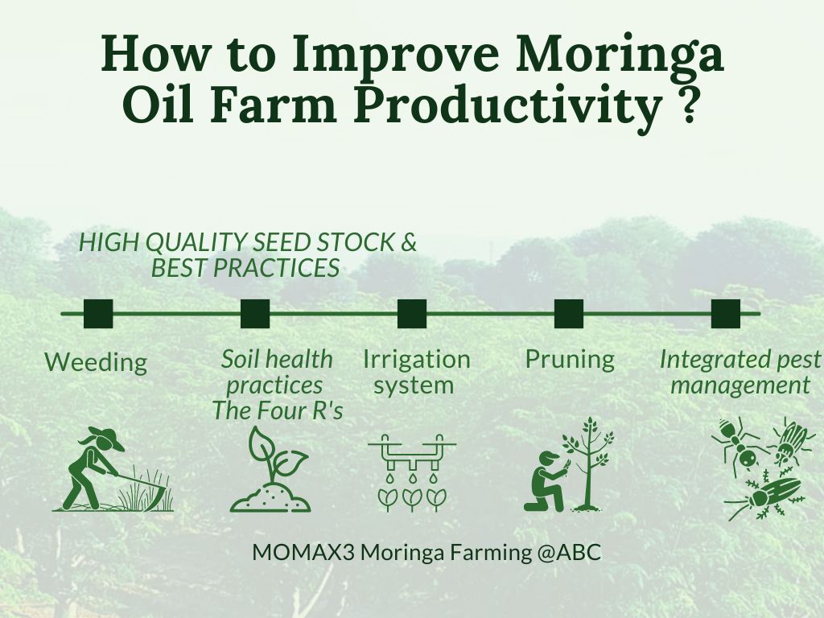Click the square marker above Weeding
coord(98,314)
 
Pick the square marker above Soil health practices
coord(255,314)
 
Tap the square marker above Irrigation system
coord(412,314)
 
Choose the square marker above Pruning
coord(569,314)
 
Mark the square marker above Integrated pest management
coord(726,314)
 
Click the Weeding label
coord(97,363)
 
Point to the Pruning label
coord(571,360)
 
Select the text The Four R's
coord(278,410)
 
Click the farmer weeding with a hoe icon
coord(113,469)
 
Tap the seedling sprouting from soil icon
coord(270,469)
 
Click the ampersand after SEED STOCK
coord(408,243)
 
